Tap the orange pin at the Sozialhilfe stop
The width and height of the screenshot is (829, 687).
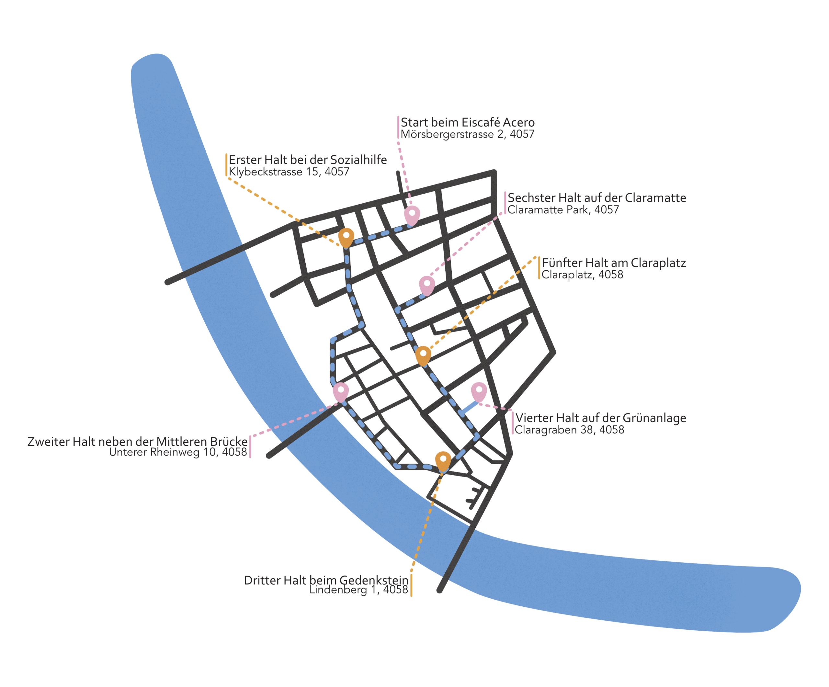346,236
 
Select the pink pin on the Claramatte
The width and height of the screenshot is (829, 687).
427,285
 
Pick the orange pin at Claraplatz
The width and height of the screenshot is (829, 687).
423,355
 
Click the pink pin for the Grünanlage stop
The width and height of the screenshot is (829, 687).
479,391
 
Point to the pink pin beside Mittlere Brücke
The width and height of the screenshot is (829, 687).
341,391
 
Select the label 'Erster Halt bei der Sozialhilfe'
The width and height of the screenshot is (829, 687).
308,160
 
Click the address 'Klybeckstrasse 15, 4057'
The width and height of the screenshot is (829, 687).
289,172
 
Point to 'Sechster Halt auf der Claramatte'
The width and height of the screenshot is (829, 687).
596,198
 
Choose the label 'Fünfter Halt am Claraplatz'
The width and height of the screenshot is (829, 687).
614,263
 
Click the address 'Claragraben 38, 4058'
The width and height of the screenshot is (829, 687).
570,430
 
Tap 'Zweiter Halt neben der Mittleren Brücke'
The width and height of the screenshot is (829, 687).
137,442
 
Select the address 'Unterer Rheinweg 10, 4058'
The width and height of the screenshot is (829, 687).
178,452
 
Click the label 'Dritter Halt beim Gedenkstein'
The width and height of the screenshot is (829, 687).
326,580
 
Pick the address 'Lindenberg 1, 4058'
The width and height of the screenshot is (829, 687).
358,590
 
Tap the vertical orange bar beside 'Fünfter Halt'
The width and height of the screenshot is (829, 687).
539,268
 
